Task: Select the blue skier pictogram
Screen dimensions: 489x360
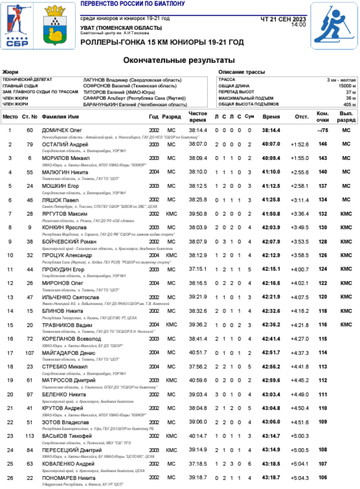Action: (x=334, y=26)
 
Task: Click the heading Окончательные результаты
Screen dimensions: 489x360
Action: (x=179, y=61)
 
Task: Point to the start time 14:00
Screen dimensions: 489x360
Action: (x=298, y=24)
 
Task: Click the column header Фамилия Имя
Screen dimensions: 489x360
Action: (x=60, y=117)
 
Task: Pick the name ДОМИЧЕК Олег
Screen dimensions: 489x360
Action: (x=62, y=130)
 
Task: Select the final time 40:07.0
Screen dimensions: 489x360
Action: (x=271, y=144)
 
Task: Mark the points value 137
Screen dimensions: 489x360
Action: (x=323, y=186)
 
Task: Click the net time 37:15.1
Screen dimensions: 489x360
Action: (x=198, y=269)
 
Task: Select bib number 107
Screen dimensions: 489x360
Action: (x=30, y=353)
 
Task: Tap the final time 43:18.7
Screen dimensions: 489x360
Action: (x=271, y=478)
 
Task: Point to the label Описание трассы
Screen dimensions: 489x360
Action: (x=241, y=72)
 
